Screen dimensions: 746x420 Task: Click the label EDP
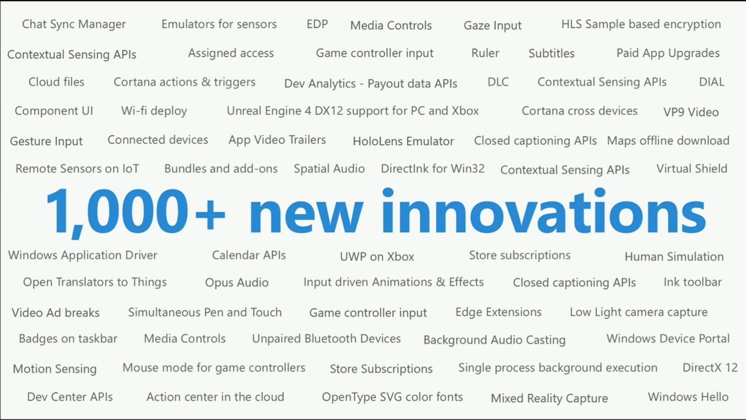coord(317,24)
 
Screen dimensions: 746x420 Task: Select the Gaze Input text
coord(492,26)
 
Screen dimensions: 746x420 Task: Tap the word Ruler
coord(485,53)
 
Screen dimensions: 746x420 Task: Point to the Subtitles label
coord(551,53)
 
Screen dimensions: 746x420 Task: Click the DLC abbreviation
coord(498,82)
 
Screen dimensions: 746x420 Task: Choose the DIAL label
coord(711,82)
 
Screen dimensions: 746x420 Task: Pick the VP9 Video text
coord(691,112)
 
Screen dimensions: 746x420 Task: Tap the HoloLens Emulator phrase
coord(403,141)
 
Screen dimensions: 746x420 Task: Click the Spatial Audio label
coord(329,169)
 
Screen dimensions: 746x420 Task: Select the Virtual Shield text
coord(692,168)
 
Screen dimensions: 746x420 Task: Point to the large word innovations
coord(544,211)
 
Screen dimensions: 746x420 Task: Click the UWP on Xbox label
coord(377,256)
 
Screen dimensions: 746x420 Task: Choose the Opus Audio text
coord(237,283)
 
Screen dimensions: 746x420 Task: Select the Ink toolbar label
coord(693,282)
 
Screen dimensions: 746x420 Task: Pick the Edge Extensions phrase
coord(498,312)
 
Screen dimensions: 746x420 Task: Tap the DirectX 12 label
coord(710,368)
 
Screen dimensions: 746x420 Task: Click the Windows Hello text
coord(688,397)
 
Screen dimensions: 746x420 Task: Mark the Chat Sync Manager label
coord(74,24)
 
